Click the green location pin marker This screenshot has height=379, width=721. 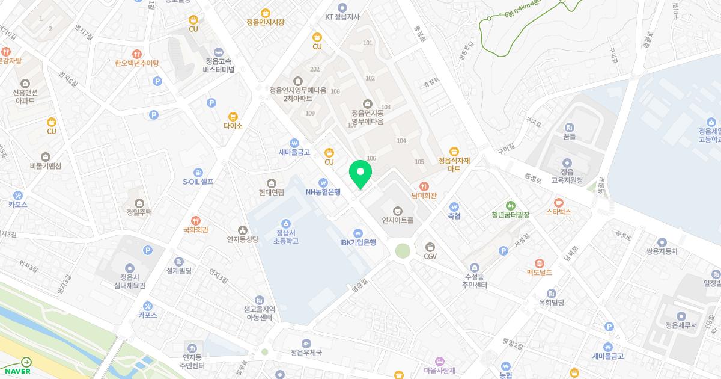tap(360, 174)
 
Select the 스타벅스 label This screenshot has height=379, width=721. tap(558, 212)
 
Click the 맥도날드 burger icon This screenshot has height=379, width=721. tap(539, 263)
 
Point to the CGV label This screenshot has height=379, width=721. tap(430, 257)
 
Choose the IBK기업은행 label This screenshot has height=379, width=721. tap(358, 242)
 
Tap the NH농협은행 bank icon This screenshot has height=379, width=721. tap(323, 182)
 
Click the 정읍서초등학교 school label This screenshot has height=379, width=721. tap(286, 236)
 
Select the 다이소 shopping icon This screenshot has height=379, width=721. tap(233, 116)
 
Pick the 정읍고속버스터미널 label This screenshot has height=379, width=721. tap(218, 65)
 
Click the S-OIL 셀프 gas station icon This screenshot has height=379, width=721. tap(198, 172)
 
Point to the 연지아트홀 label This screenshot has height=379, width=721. tap(397, 220)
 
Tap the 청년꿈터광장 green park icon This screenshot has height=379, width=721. tap(510, 205)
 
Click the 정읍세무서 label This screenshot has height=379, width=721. tap(681, 325)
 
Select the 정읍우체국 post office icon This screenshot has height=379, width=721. tap(306, 343)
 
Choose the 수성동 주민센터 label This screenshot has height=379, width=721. tap(475, 280)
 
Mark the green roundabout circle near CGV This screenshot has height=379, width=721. tap(403, 250)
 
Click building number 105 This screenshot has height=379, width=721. tap(419, 162)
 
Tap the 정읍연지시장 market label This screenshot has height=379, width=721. tap(265, 22)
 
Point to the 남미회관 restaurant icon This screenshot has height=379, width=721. tap(424, 186)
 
